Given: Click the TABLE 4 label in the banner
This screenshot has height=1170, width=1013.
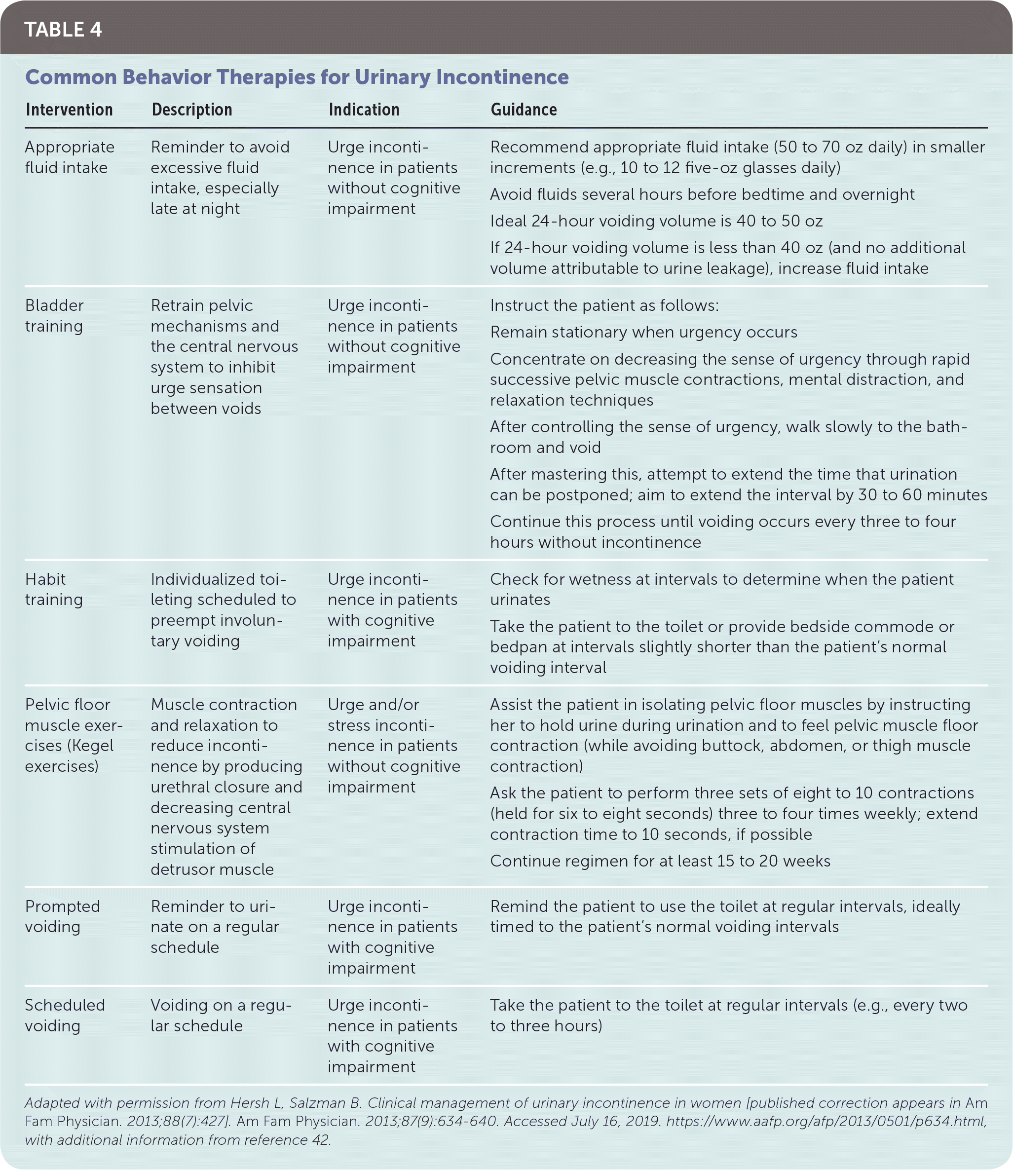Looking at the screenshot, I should coord(63,30).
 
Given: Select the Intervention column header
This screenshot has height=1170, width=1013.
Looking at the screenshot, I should coord(69,110).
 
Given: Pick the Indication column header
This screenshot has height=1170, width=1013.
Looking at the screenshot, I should coord(364,110).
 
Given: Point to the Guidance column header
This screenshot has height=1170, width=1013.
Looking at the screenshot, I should coord(524,110).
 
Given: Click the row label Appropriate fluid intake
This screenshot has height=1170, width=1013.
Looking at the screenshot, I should coord(70,157).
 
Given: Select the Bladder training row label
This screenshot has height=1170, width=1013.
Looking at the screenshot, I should coord(54,315).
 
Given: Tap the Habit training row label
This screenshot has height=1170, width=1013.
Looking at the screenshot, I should coord(54,589).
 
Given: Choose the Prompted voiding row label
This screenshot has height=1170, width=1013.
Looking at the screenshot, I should coord(62,916).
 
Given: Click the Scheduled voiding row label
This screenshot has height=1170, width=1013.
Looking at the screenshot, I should coord(65,1015).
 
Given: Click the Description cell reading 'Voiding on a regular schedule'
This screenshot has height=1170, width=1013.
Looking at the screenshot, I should coord(221,1015).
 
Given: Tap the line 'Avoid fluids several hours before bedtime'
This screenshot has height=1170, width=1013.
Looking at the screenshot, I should coord(702,194).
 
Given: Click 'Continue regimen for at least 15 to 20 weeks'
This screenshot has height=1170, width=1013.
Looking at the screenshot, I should coord(660,861).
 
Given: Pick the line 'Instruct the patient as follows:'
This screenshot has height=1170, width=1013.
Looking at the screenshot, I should coord(604,305).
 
